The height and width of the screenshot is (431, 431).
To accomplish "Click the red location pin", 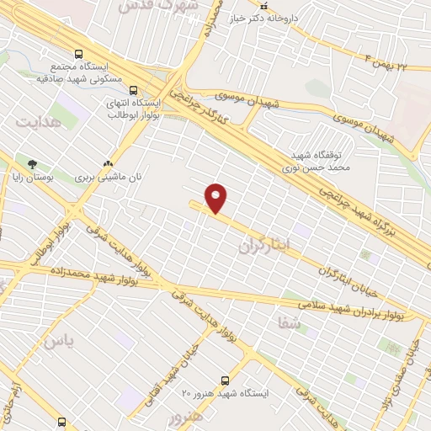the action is click(216, 199).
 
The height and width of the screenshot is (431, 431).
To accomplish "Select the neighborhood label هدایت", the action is click(38, 122).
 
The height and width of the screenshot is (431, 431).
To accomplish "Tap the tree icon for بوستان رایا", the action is click(32, 163).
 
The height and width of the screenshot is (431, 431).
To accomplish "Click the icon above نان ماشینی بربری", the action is click(108, 163).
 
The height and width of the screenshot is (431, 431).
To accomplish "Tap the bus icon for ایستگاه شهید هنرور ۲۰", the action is click(225, 380).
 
